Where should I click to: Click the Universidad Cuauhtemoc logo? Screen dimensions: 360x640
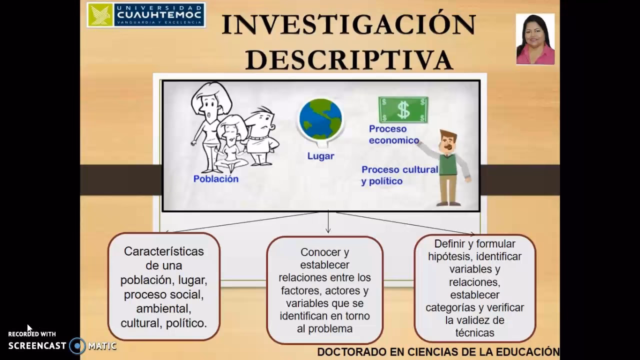pos(146,15)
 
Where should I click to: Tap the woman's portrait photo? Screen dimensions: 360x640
pos(535,39)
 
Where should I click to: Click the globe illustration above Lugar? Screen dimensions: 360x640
pos(320,119)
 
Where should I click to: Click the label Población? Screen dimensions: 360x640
pos(216,178)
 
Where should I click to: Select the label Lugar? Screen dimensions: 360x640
pos(320,156)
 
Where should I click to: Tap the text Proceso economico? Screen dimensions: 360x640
pos(393,134)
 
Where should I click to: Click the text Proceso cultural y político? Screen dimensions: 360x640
pos(399,175)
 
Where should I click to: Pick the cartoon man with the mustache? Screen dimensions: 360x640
pos(448,167)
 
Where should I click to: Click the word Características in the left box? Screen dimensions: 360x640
pos(164,251)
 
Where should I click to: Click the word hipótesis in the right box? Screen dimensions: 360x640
pos(449,256)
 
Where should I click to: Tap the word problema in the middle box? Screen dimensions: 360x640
pos(331,328)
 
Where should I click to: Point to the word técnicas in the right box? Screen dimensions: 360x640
pos(474,332)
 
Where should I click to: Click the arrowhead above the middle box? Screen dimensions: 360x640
pos(328,230)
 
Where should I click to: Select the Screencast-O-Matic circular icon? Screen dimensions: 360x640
pos(77,345)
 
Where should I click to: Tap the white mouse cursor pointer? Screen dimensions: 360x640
pos(29,328)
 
